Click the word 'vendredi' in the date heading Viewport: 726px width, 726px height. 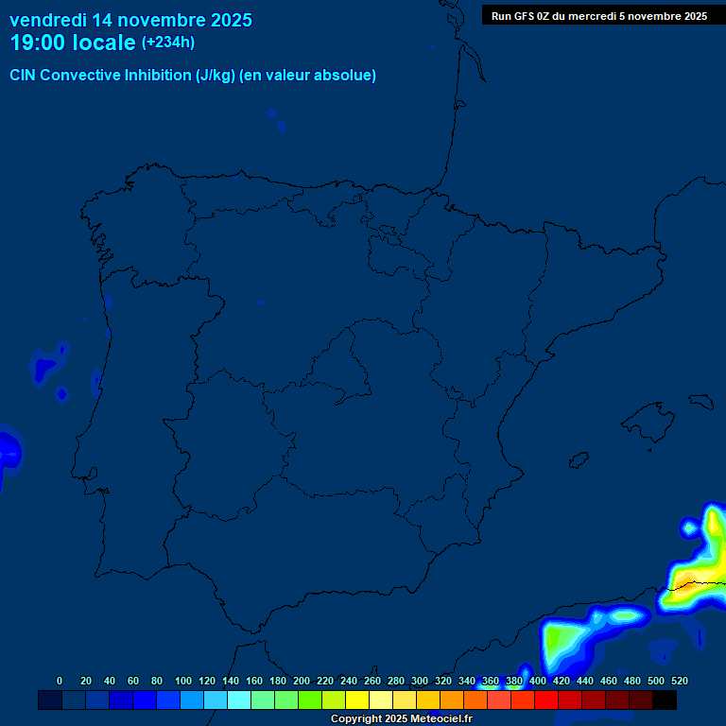tap(48, 20)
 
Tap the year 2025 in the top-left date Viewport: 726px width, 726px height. tap(229, 20)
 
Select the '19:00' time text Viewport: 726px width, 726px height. tap(39, 43)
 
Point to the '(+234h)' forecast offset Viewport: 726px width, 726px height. tap(167, 43)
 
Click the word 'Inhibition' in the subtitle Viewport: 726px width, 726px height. tap(156, 76)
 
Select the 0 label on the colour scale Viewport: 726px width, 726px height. tap(60, 681)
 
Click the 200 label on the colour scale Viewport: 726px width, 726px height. tap(302, 681)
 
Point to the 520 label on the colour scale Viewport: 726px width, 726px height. tap(680, 681)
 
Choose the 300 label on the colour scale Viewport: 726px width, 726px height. tap(420, 681)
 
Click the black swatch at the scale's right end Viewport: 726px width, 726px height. tap(665, 700)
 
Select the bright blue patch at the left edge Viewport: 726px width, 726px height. tap(8, 452)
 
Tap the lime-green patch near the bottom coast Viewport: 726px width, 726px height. tap(555, 643)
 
